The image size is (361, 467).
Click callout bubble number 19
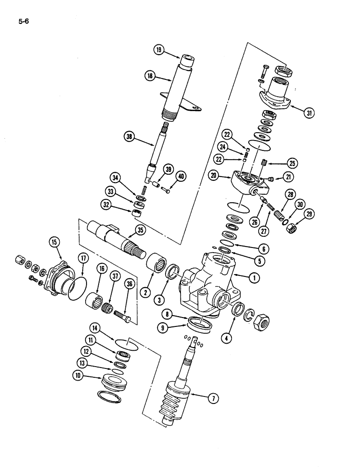(159, 50)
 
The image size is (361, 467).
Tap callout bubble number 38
(130, 136)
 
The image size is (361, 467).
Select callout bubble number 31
(308, 113)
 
